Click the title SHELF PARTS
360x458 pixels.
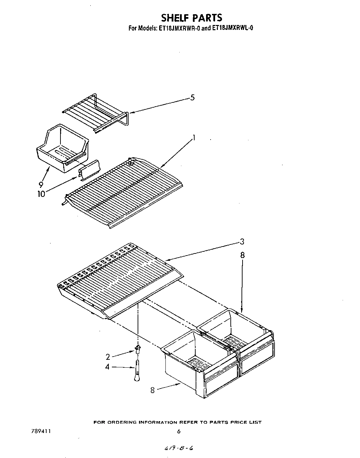(191, 17)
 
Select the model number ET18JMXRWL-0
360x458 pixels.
(232, 28)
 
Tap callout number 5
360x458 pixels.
(192, 98)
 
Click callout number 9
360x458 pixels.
(41, 184)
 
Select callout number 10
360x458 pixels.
(41, 194)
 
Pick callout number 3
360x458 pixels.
(242, 241)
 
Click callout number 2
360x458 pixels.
(108, 357)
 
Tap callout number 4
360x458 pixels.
(108, 366)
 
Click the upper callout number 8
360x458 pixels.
(242, 255)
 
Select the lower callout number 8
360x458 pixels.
(152, 390)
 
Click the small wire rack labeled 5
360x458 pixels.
(96, 112)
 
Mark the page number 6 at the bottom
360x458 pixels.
(179, 432)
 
